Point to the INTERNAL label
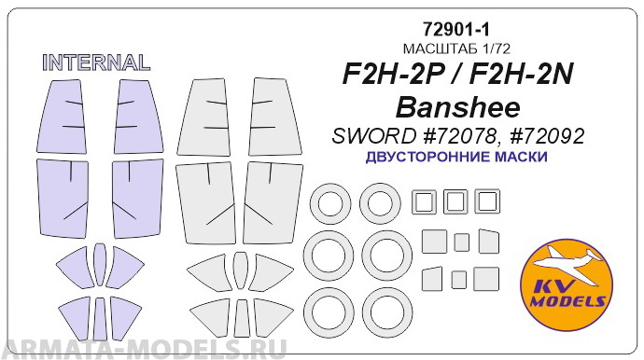tap(96, 63)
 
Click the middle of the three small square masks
tap(455, 201)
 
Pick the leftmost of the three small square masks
tap(425, 201)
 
